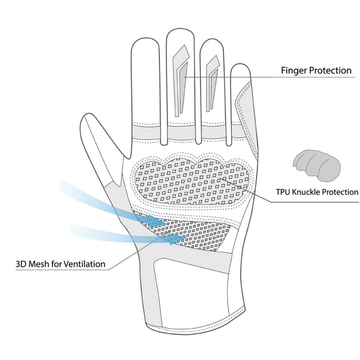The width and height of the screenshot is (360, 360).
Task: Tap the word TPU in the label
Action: [x=283, y=192]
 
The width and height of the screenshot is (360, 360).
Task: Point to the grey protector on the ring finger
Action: [x=213, y=81]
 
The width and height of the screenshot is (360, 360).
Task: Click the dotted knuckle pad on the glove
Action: [x=191, y=180]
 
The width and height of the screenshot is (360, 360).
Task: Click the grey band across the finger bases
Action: [x=180, y=131]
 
